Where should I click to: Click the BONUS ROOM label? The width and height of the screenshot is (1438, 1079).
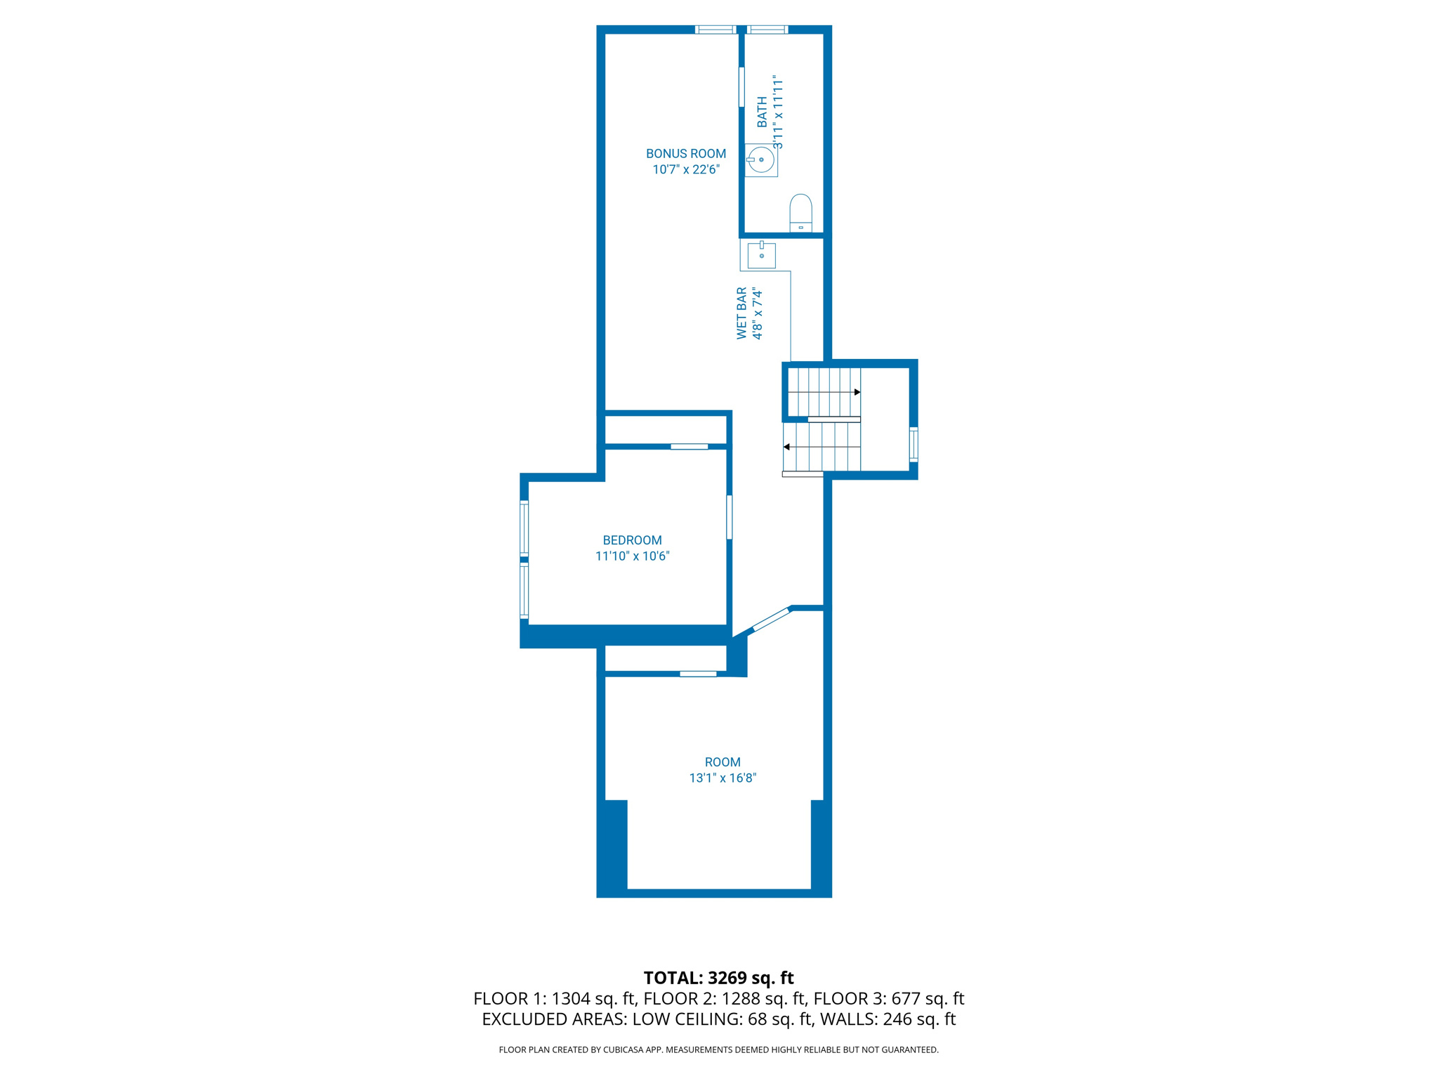click(x=685, y=154)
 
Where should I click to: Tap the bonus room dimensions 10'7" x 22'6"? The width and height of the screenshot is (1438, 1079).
click(x=685, y=170)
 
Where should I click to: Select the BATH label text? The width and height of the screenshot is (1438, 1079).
click(x=762, y=112)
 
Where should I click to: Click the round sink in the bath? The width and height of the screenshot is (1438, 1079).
click(x=761, y=160)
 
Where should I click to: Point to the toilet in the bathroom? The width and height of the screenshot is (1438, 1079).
click(x=800, y=212)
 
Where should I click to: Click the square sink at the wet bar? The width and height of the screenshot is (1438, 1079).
click(x=761, y=255)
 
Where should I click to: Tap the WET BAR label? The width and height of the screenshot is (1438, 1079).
click(x=741, y=313)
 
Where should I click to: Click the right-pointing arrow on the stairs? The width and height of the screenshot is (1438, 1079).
click(x=857, y=392)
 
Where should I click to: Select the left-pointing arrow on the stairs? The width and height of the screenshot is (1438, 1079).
click(x=787, y=447)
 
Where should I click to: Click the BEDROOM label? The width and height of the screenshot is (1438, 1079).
click(x=632, y=540)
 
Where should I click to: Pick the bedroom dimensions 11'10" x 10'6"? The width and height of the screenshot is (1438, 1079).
click(x=632, y=556)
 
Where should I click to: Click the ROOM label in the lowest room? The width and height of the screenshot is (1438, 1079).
click(x=722, y=762)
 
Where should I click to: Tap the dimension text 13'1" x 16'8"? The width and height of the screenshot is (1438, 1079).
click(x=722, y=778)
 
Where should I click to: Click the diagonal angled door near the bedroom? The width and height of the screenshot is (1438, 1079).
click(x=770, y=620)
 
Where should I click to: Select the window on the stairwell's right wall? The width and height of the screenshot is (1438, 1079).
click(x=913, y=444)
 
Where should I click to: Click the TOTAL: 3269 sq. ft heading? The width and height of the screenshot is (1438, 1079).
click(x=718, y=978)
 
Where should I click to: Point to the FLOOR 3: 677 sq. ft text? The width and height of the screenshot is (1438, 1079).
click(x=889, y=999)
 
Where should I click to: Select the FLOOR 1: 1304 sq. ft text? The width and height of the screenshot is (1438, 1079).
click(x=554, y=999)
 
